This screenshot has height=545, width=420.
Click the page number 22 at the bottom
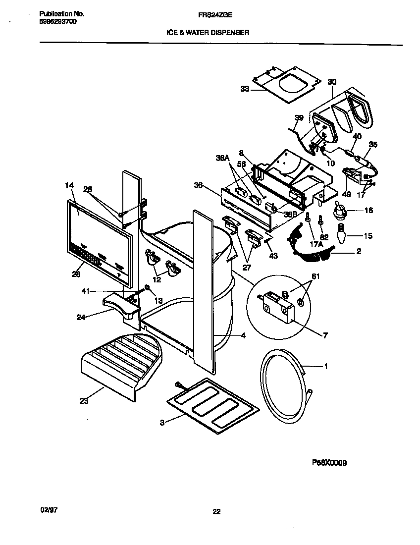click(x=216, y=512)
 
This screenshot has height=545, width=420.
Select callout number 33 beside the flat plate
click(x=245, y=89)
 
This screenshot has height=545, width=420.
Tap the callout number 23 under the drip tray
click(x=83, y=401)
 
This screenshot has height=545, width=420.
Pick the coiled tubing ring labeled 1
click(x=282, y=386)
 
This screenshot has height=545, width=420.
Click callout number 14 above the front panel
click(x=69, y=185)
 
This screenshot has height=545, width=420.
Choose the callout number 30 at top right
click(x=332, y=82)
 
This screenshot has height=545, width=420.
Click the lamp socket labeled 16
click(x=340, y=212)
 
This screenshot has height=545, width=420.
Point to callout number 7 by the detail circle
click(x=325, y=335)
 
